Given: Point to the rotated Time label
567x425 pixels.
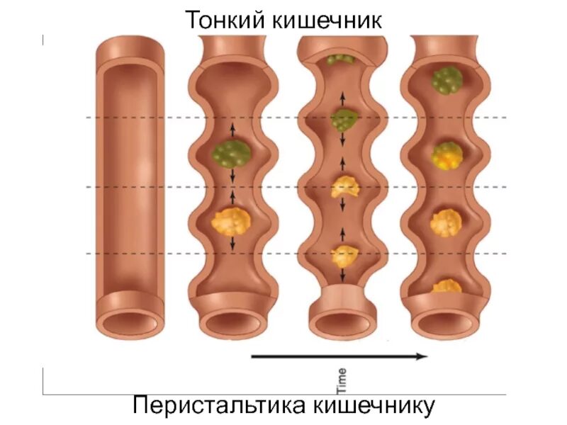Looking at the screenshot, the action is tap(341, 380).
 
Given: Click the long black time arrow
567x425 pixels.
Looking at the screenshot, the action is tap(339, 356).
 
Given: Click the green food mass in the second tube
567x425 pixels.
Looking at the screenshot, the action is tap(231, 152).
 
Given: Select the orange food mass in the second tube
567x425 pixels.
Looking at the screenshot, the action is tap(231, 222).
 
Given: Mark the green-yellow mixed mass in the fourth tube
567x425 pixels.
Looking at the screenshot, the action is tap(447, 154).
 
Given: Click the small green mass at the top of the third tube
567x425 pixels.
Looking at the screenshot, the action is tap(342, 61).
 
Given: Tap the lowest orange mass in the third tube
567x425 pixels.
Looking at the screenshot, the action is tap(344, 254).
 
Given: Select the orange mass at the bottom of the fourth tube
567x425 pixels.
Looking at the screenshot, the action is tap(447, 286).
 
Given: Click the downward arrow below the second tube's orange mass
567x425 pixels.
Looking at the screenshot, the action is tap(232, 243).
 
